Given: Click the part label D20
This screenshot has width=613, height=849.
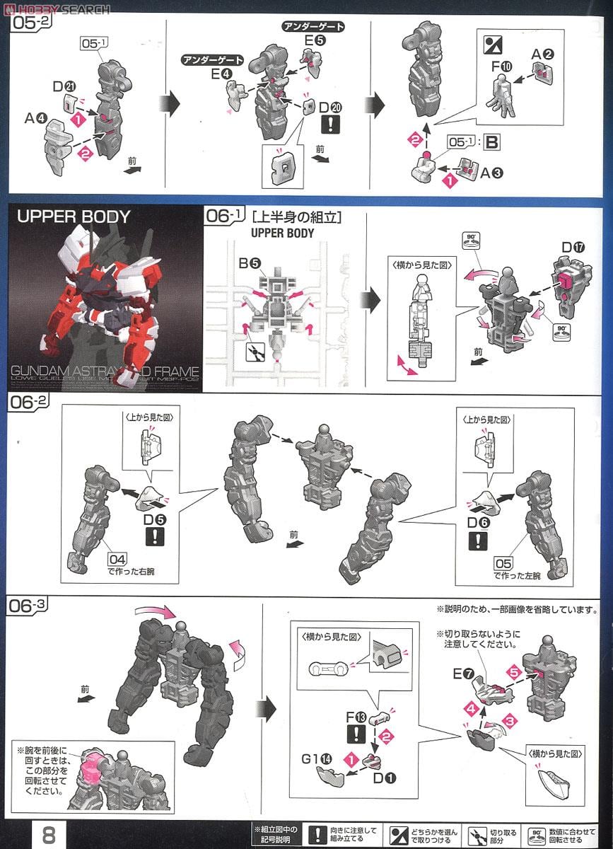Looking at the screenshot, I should click(329, 107).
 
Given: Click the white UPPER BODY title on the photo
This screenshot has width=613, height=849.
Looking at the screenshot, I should click(74, 216).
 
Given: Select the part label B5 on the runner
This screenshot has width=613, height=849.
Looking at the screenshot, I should click(248, 264).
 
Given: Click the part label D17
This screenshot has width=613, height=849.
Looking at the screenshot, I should click(572, 248).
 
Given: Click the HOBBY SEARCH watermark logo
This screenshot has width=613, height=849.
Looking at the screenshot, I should click(57, 8).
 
